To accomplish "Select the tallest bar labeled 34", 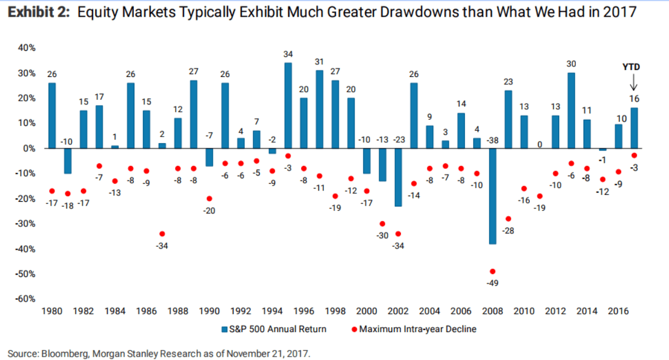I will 288,105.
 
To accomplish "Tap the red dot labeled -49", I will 492,271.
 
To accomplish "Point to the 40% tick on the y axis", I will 28,48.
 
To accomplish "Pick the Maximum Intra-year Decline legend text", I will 418,329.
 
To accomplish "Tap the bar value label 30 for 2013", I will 571,64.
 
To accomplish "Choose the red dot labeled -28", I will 508,219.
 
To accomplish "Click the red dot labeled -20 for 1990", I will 209,198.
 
